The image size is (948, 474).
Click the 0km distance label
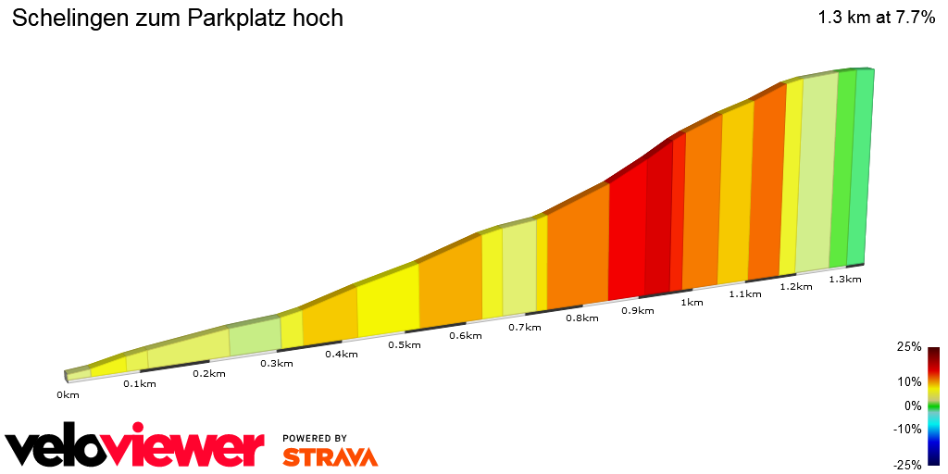coord(68,395)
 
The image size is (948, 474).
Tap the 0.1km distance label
coord(140,384)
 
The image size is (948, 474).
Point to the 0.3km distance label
coord(277,363)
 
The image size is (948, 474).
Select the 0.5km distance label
coord(405,344)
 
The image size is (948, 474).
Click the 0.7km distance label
coord(524,327)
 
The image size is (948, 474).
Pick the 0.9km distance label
coord(638,310)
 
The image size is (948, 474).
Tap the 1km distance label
coord(691,302)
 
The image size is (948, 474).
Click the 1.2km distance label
coord(796,286)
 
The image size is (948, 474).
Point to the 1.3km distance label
coord(844,279)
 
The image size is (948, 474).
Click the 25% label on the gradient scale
coord(909,347)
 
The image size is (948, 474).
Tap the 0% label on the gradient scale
coord(913,405)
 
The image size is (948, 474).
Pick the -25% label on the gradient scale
coord(907,465)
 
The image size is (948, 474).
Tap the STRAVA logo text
coord(330,456)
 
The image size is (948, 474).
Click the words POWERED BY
coord(315,438)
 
